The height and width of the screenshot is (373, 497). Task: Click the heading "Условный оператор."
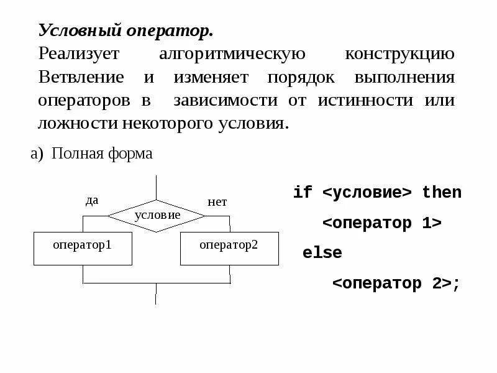(125, 30)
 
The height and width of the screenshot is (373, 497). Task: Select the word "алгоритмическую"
(232, 54)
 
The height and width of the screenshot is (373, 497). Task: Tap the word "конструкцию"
(399, 54)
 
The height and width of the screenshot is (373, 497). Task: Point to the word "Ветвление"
(81, 78)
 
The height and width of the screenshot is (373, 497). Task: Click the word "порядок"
(301, 78)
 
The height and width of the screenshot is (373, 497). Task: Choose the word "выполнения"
(404, 78)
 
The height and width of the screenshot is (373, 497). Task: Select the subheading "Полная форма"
(102, 154)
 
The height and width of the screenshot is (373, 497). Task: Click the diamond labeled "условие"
(157, 215)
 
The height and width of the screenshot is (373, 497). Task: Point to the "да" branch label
(91, 200)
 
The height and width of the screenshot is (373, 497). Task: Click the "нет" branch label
(217, 202)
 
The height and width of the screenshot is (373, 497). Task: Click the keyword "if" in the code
(303, 193)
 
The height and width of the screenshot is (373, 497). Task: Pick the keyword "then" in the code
(442, 193)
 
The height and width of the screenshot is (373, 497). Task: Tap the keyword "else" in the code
(322, 253)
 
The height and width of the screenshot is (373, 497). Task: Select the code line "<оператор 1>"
(382, 223)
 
